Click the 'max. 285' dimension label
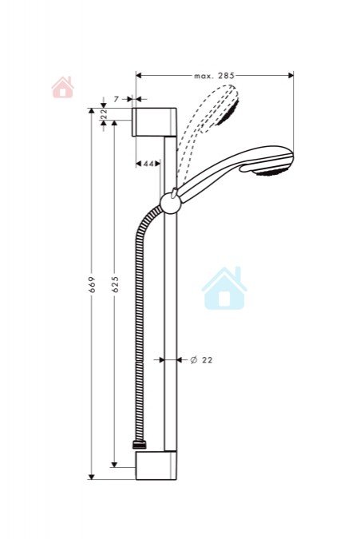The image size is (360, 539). pos(214,76)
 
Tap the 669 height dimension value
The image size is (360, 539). pos(92,284)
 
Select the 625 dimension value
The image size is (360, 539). pos(115,284)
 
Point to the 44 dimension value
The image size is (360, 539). pos(148,164)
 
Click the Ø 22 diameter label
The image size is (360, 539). pos(202,360)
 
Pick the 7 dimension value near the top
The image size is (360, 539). pos(116,99)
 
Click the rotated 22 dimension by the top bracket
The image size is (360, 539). pos(104,113)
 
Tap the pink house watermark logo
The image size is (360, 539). pos(62,87)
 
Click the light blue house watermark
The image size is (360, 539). pos(224,288)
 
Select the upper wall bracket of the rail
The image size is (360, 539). pos(154,122)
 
